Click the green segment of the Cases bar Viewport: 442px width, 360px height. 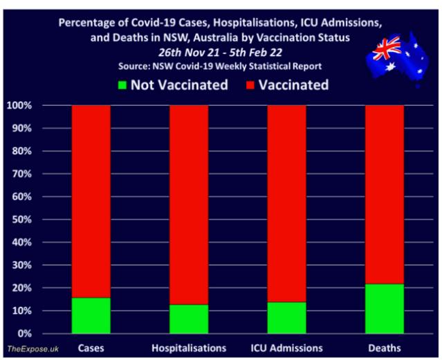point(91,316)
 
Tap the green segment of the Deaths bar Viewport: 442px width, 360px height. point(384,309)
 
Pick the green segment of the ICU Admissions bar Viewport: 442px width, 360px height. point(286,318)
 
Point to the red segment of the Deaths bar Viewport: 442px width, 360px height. point(384,194)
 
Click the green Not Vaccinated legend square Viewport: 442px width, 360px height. point(122,86)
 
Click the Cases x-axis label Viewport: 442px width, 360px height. point(91,347)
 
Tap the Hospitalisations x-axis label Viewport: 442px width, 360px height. point(189,347)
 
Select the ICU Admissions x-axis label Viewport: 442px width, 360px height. point(286,347)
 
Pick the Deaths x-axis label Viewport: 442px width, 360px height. point(384,347)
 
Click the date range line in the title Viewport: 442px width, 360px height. point(221,53)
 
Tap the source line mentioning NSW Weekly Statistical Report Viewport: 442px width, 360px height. point(221,66)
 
